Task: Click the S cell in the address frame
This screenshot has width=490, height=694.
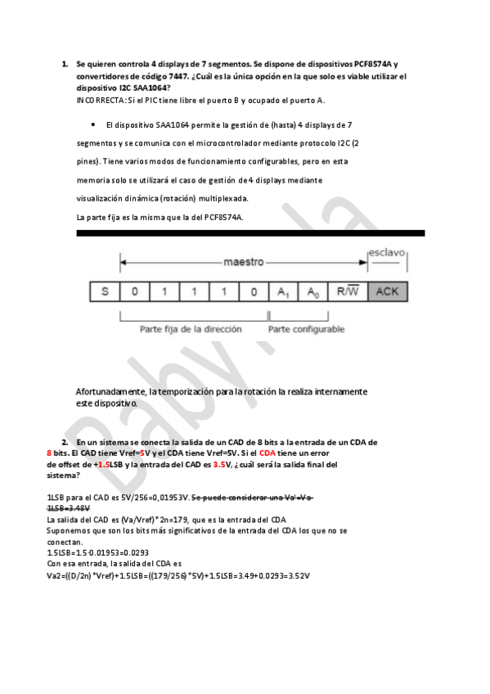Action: click(x=105, y=291)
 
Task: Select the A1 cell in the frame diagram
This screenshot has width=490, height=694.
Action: click(x=282, y=291)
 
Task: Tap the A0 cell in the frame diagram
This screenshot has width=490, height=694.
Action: click(x=312, y=291)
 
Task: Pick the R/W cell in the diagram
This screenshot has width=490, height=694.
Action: click(x=347, y=291)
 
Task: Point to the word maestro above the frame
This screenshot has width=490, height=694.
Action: click(x=244, y=263)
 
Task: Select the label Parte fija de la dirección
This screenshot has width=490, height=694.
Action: click(x=191, y=329)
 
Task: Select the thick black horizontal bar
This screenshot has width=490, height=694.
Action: click(x=250, y=233)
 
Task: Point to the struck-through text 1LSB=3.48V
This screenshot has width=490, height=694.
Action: click(x=70, y=507)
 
